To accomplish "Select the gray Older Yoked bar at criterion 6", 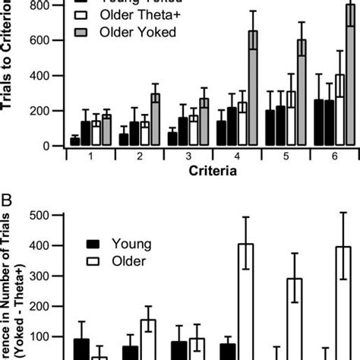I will pyautogui.click(x=350, y=76).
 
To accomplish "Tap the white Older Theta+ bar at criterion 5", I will pyautogui.click(x=291, y=118).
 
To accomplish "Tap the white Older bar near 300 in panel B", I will pyautogui.click(x=295, y=319).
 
